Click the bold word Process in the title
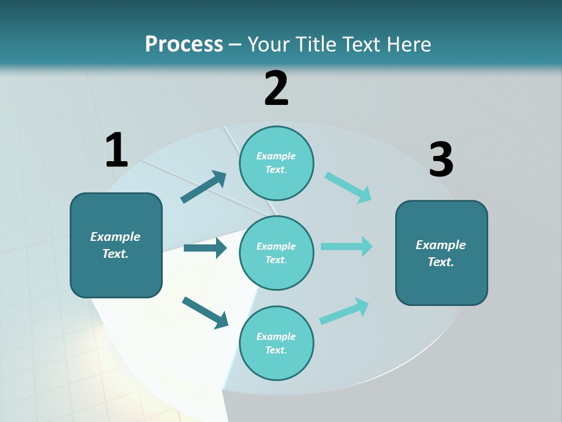tap(184, 45)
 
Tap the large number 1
tap(116, 150)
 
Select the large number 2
tap(276, 89)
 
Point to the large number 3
tap(441, 160)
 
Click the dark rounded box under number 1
tap(116, 275)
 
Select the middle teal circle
tap(276, 234)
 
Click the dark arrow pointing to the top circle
tap(203, 187)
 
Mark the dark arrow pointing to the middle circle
tap(205, 248)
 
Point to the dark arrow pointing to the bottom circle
tap(205, 312)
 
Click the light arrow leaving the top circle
tap(348, 188)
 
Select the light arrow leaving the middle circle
tap(346, 246)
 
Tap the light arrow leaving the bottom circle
tap(344, 311)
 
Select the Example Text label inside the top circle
tap(276, 163)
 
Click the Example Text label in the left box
tap(115, 245)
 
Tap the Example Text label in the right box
tap(441, 253)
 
